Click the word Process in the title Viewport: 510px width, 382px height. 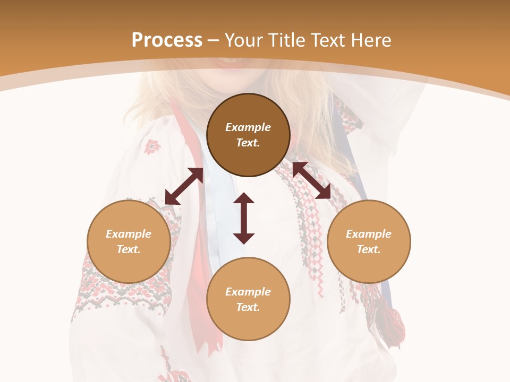[167, 40]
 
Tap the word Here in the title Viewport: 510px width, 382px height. [371, 40]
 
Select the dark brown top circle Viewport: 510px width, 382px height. [248, 135]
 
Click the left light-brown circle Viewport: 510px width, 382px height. [129, 241]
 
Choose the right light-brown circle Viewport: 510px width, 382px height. [369, 241]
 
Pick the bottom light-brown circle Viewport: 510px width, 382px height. [248, 299]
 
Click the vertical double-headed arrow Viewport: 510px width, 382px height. [244, 218]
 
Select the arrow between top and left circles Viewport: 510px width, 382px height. [184, 186]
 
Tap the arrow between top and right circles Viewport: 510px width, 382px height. [311, 180]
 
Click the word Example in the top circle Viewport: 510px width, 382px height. [248, 127]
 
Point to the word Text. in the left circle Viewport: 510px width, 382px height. [129, 249]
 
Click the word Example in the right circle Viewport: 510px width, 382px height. [369, 234]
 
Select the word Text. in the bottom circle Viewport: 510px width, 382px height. [248, 307]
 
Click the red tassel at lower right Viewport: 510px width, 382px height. [390, 324]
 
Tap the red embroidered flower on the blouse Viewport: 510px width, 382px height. [152, 146]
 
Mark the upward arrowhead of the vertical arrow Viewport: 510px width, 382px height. [244, 198]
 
